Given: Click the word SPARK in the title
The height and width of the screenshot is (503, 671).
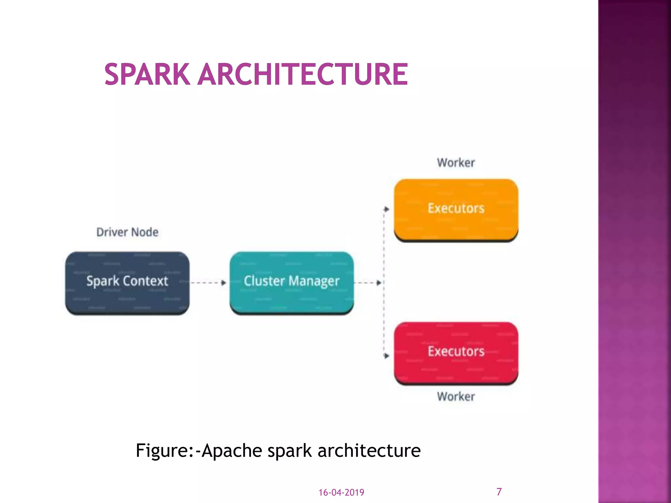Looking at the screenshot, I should tap(147, 75).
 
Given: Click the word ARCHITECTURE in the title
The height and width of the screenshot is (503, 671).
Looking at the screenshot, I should tap(303, 75).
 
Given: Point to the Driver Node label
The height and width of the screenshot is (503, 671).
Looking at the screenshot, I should tap(127, 232).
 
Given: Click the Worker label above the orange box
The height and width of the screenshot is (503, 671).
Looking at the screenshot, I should tap(456, 163).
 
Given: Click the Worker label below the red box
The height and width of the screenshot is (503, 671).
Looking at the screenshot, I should tap(456, 397).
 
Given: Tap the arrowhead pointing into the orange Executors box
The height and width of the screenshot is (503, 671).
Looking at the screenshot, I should tap(387, 209).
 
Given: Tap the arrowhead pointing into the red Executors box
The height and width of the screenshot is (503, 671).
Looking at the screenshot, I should tap(387, 356).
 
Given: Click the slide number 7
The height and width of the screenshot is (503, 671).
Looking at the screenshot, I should tap(499, 492).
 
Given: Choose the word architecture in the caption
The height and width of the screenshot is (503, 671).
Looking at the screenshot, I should tap(369, 451).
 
